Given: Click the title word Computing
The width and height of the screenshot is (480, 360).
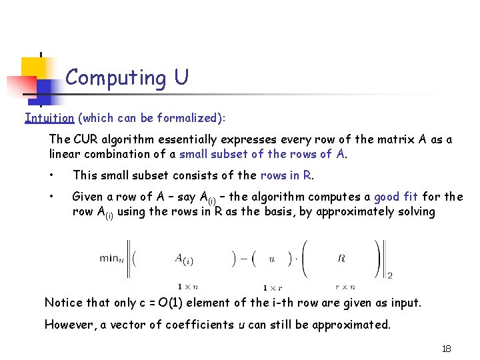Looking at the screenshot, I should [x=116, y=79].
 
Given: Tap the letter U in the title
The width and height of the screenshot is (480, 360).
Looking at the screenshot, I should [x=181, y=77].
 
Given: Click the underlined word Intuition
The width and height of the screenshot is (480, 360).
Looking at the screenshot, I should [x=49, y=118].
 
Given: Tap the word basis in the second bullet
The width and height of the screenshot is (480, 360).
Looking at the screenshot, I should [x=289, y=211].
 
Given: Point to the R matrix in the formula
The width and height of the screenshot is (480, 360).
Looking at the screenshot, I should [x=341, y=257].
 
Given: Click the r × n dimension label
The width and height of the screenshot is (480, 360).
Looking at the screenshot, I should [x=345, y=287].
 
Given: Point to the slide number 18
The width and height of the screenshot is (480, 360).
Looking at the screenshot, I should [x=446, y=349].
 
